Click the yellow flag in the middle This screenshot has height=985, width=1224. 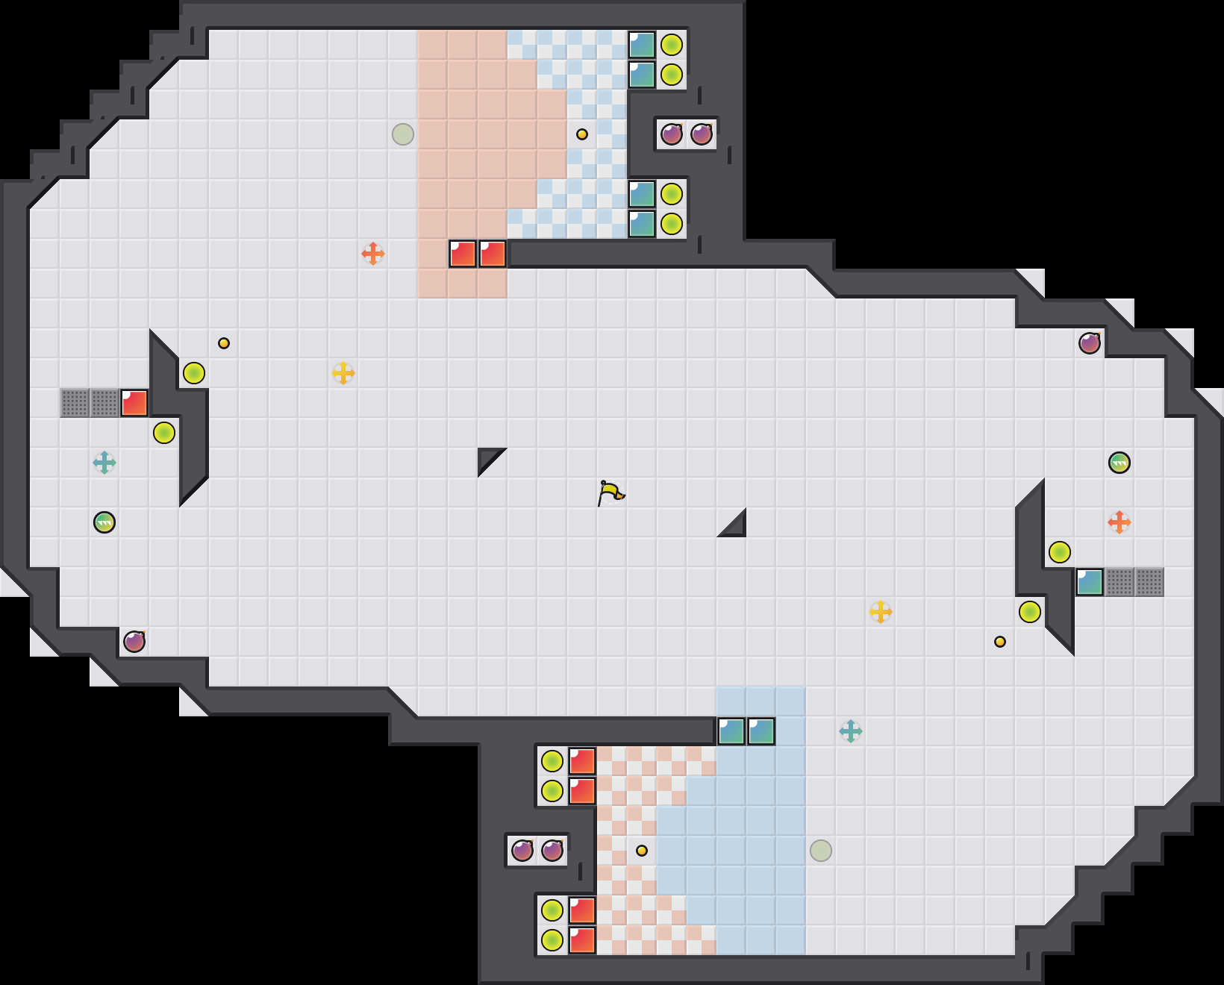[611, 492]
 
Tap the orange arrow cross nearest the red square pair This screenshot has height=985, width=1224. [373, 254]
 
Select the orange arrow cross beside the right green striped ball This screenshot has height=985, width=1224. [1120, 522]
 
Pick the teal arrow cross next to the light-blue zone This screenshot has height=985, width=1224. [851, 731]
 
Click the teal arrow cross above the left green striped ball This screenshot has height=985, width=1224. [104, 463]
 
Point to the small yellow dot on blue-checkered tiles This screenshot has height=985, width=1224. [582, 134]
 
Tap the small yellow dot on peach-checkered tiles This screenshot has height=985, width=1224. [642, 851]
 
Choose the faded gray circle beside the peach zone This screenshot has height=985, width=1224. [403, 134]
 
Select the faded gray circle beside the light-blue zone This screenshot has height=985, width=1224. [821, 851]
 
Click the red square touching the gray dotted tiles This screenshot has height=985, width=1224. [134, 403]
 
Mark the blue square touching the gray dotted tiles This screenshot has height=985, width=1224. [1090, 582]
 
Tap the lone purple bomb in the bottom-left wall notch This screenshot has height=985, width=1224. [134, 642]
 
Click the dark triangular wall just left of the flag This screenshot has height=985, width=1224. [487, 457]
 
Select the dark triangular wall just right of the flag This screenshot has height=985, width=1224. [736, 527]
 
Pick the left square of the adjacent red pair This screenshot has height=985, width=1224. [463, 254]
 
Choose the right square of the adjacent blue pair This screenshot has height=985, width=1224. [761, 731]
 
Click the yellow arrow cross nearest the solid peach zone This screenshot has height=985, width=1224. [343, 373]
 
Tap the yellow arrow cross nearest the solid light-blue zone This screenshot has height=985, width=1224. [881, 612]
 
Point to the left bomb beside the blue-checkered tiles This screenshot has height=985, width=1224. [672, 134]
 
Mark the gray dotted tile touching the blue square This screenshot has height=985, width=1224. [1120, 582]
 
